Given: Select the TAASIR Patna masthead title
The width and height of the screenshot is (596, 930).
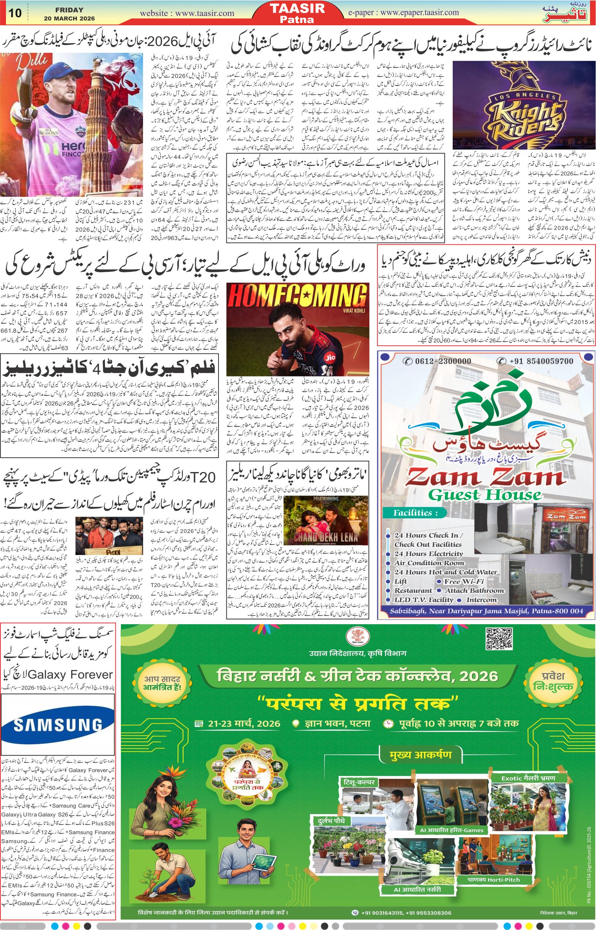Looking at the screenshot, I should pyautogui.click(x=297, y=13).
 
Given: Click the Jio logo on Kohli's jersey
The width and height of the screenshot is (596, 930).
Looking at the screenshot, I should pyautogui.click(x=330, y=358).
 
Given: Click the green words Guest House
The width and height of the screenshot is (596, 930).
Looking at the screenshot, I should pyautogui.click(x=485, y=495).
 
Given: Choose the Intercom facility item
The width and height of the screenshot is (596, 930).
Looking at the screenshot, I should pyautogui.click(x=481, y=600).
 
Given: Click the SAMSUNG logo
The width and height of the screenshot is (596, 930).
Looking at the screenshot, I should pyautogui.click(x=58, y=725).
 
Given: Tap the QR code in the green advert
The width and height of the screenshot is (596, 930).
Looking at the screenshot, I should pyautogui.click(x=499, y=639).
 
